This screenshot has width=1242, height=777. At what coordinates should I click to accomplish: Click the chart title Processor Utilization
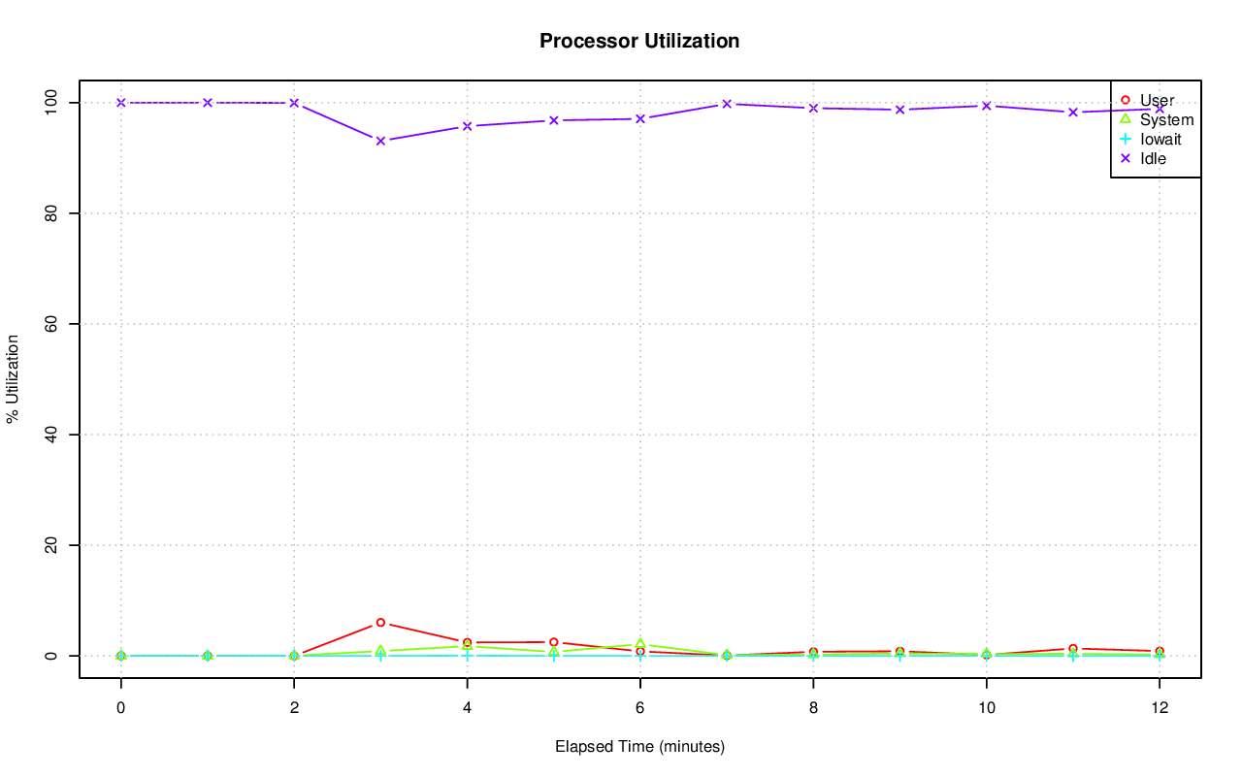(x=639, y=41)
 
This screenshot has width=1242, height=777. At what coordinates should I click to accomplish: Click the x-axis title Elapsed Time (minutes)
(x=639, y=747)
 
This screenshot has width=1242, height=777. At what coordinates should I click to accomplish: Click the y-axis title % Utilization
(x=14, y=378)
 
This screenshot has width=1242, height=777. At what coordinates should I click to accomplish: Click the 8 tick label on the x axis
(x=813, y=708)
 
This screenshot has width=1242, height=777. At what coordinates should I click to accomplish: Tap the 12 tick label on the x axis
(x=1159, y=708)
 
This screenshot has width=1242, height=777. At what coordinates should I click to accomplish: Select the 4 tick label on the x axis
(x=467, y=708)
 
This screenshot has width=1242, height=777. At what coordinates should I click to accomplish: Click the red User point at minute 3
(x=380, y=623)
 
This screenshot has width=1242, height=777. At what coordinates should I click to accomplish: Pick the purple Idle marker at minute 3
(x=380, y=141)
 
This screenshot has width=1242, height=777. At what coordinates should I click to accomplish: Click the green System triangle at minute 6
(x=640, y=644)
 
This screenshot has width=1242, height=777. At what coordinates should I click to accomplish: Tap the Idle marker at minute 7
(x=727, y=104)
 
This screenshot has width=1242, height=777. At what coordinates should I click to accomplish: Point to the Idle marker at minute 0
(x=121, y=103)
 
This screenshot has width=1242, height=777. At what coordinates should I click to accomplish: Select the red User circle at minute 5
(x=553, y=642)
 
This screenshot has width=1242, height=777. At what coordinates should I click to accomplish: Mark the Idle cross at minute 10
(x=986, y=106)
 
